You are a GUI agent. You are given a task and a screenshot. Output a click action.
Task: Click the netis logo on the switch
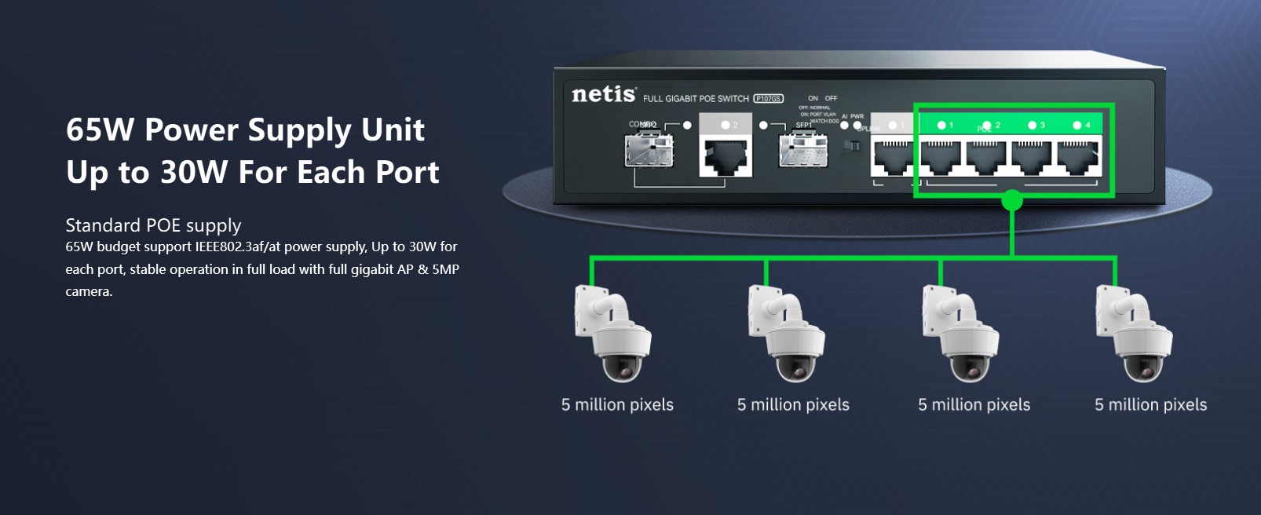603,95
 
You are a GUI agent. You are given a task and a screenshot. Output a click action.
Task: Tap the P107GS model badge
768,98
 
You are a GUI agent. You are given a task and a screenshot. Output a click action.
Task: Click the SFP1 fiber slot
802,151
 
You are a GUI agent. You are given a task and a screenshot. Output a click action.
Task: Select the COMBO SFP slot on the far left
649,151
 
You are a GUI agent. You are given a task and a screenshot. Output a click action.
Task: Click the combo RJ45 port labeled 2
726,156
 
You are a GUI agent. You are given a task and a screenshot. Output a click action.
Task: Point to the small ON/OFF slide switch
852,145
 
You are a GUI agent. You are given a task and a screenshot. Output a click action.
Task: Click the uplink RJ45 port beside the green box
893,157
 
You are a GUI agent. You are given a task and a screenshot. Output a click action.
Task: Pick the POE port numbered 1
940,157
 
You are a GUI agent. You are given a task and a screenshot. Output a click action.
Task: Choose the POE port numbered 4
1077,157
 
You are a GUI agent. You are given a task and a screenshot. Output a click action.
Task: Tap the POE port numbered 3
1032,157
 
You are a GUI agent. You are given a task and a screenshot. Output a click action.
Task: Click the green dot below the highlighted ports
1012,201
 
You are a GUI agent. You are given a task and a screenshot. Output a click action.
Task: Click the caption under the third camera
974,405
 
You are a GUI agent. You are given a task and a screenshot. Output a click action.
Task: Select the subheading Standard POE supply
153,225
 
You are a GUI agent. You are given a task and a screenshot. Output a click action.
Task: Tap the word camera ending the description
88,291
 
